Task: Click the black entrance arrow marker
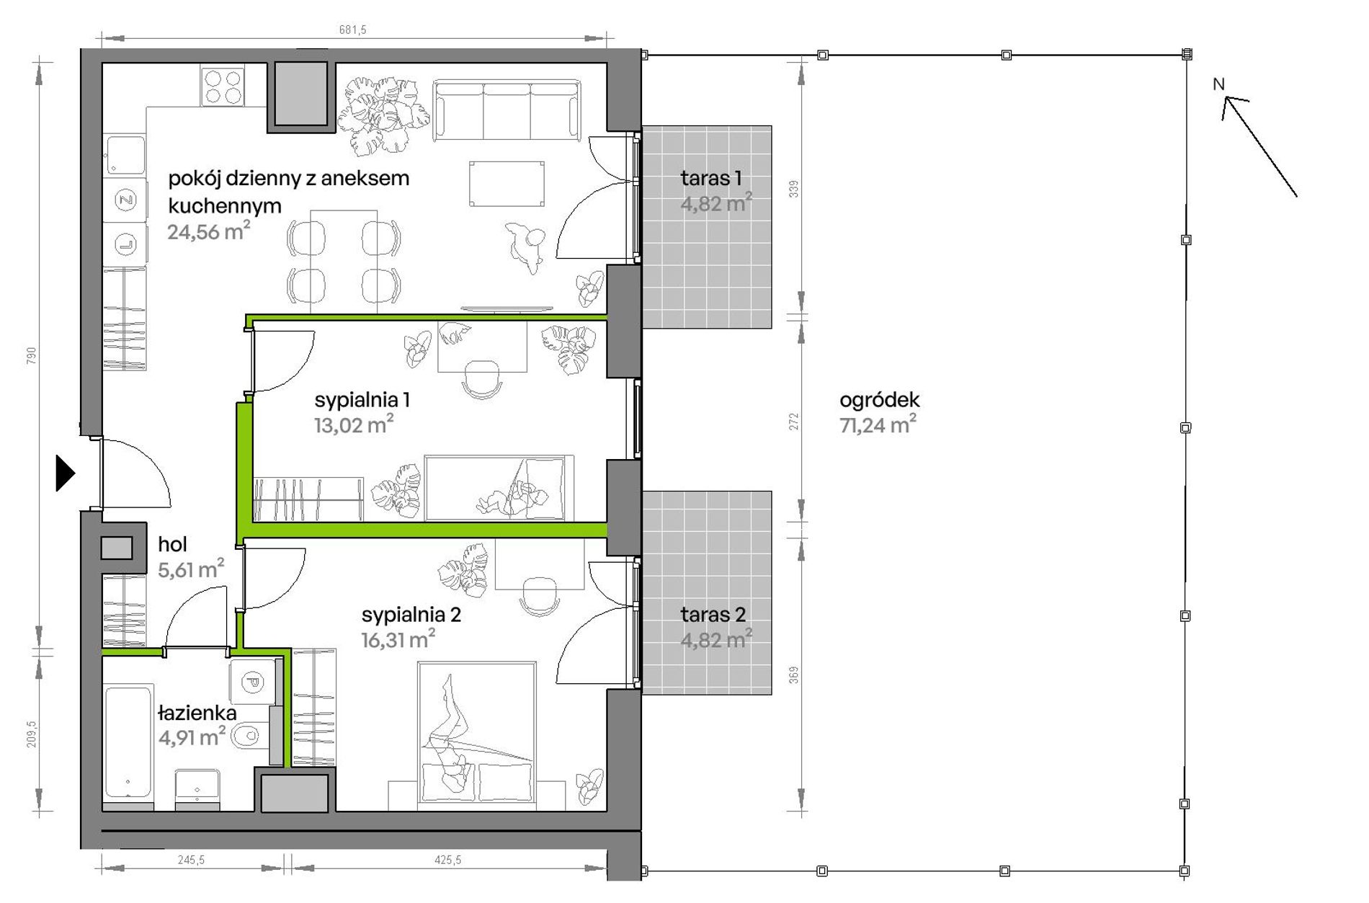(x=65, y=473)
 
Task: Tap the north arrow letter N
(x=1218, y=84)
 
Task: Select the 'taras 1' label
(x=710, y=178)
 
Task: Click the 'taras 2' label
(x=713, y=615)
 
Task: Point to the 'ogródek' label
(x=879, y=400)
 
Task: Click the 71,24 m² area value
(x=878, y=424)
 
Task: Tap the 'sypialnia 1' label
(x=362, y=400)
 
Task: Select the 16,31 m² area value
(x=398, y=639)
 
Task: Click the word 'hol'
(x=172, y=544)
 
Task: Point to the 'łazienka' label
(x=197, y=713)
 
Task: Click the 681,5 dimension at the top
(x=352, y=30)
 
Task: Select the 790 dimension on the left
(x=31, y=355)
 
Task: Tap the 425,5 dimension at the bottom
(x=447, y=860)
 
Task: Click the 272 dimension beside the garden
(x=793, y=422)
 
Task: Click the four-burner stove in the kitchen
(x=223, y=86)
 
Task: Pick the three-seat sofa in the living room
(x=507, y=110)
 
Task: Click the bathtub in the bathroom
(x=128, y=742)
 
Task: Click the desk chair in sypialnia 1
(x=481, y=379)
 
